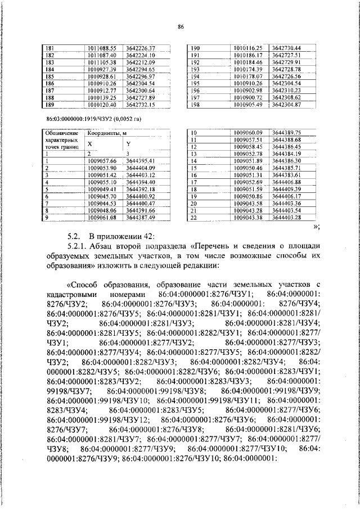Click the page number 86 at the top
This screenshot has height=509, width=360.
pos(180,26)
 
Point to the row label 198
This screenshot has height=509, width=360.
pos(196,105)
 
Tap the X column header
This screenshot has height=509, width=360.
pos(89,144)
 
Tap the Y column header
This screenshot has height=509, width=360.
pos(128,144)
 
